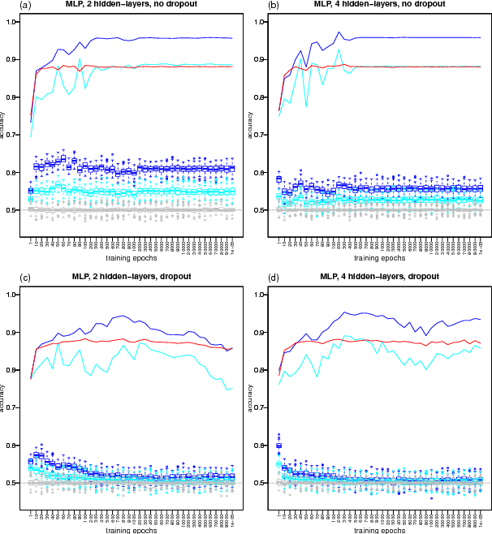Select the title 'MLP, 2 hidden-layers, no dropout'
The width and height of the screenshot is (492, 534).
[x=131, y=5]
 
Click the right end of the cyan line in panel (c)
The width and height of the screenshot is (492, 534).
[x=234, y=388]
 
